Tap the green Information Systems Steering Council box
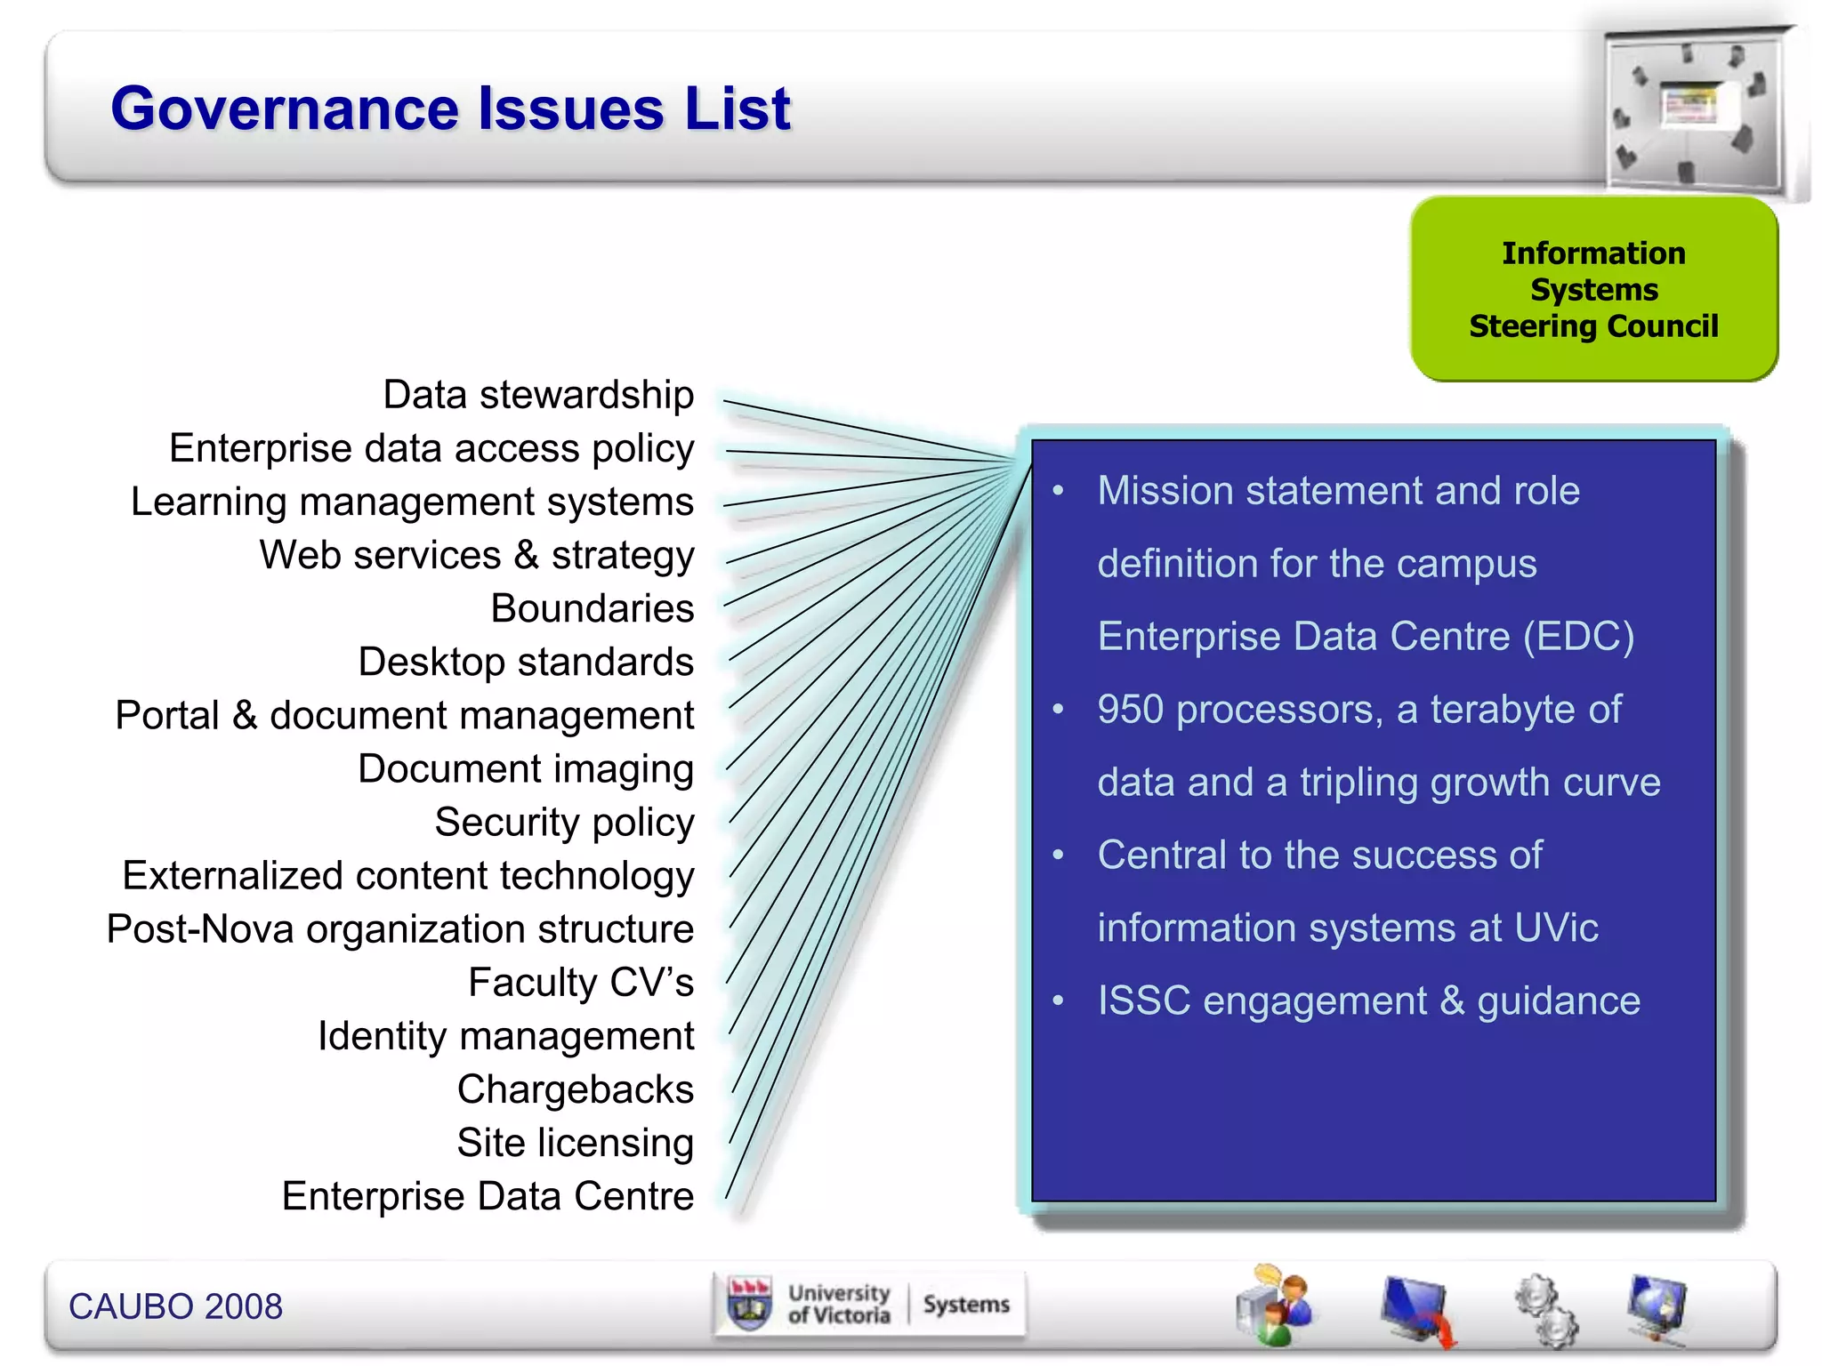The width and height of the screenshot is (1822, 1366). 1592,290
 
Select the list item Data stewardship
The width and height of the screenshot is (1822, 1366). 537,395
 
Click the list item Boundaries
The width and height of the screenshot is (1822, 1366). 592,609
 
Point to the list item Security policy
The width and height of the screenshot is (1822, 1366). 564,823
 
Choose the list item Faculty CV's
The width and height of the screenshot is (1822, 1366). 580,983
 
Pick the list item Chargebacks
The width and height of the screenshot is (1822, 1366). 575,1089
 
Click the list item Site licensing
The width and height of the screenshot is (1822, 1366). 575,1144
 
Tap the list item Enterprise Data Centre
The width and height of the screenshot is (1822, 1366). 488,1197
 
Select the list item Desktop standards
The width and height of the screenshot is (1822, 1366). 525,663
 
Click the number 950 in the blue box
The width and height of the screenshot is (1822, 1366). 1130,710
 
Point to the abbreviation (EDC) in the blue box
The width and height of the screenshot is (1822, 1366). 1578,637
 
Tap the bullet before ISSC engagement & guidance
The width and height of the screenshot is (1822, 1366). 1058,1001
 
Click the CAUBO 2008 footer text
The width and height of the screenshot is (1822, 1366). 175,1306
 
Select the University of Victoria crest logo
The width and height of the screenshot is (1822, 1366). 749,1305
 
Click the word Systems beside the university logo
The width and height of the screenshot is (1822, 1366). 966,1305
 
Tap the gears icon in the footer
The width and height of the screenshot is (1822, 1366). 1546,1309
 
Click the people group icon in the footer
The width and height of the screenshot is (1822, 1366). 1273,1306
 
